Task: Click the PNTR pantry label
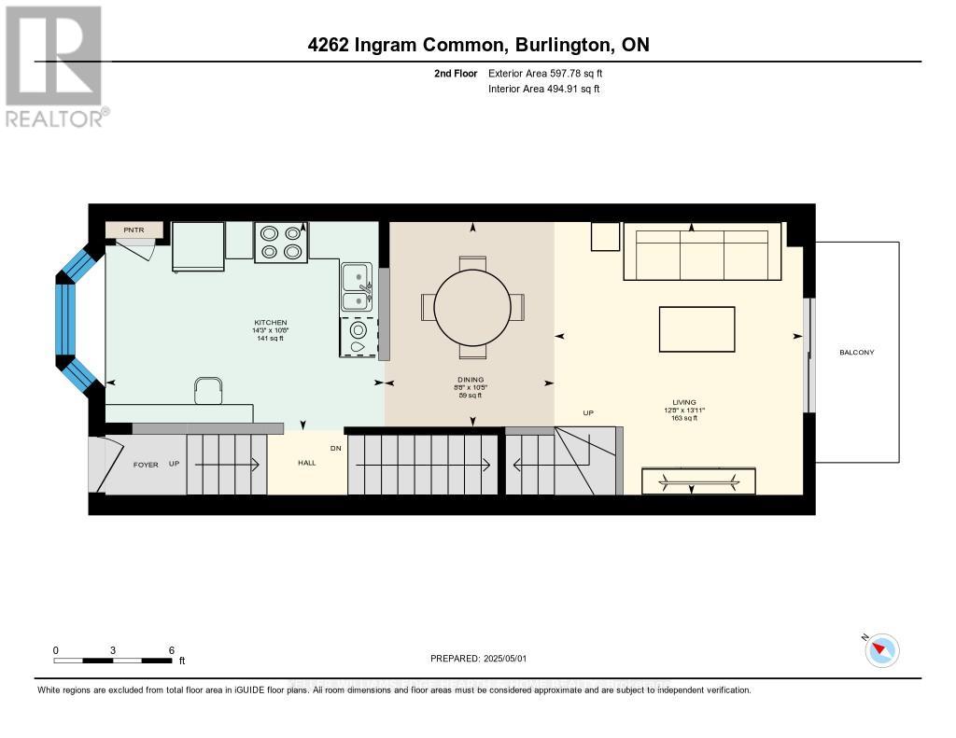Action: [135, 230]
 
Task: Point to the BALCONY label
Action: [856, 352]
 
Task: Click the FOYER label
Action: [146, 464]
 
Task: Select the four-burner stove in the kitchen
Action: [281, 242]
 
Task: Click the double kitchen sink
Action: [356, 288]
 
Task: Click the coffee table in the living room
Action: [696, 329]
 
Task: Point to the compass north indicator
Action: [880, 649]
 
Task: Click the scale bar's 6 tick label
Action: [171, 649]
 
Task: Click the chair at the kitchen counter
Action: [208, 390]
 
